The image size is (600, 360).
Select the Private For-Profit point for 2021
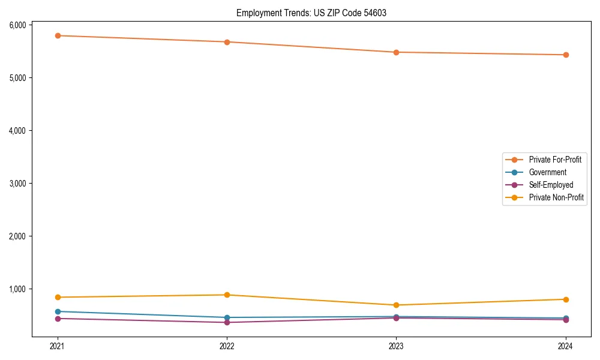58,36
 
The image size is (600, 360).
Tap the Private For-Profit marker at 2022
227,42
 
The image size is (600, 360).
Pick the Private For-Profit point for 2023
396,52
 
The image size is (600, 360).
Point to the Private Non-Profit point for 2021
58,297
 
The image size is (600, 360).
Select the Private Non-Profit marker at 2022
227,295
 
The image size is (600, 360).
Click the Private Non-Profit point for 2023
396,305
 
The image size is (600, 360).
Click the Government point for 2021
58,311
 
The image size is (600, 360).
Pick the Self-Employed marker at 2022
227,322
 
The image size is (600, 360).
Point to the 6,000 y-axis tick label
17,25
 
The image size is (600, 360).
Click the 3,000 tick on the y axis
17,184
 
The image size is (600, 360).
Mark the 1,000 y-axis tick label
17,289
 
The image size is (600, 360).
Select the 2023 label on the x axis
396,346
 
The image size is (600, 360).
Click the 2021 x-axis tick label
58,346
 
